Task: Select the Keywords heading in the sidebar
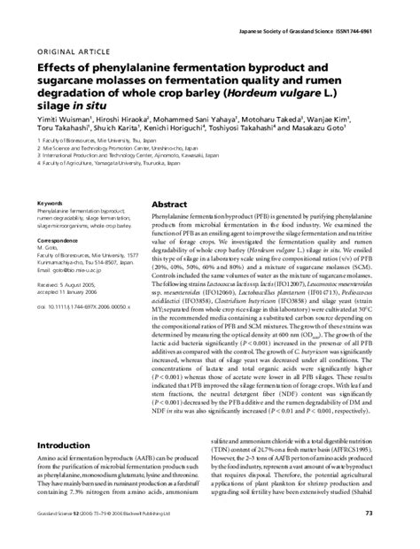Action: click(x=51, y=203)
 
